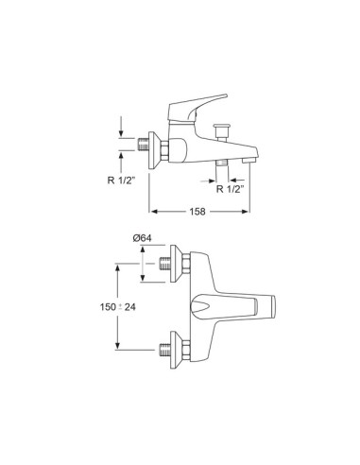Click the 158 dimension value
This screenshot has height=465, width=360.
[x=197, y=212]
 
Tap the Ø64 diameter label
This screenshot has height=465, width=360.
[x=142, y=238]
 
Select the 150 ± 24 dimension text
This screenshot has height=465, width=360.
[x=118, y=306]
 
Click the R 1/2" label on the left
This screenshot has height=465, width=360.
[x=121, y=181]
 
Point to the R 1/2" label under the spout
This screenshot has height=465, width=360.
[x=231, y=189]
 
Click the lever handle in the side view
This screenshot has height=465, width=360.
[x=196, y=107]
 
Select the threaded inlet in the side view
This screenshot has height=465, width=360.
[x=144, y=145]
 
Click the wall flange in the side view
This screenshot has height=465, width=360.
[x=154, y=150]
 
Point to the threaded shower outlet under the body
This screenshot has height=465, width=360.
[x=222, y=163]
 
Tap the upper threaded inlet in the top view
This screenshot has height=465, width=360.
[x=165, y=264]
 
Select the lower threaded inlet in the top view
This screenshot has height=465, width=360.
[x=165, y=350]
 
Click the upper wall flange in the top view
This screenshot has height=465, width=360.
[x=176, y=264]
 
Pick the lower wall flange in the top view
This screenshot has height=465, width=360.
[x=176, y=350]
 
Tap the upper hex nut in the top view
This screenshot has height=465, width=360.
[x=186, y=264]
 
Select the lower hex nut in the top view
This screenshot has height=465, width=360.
[x=186, y=350]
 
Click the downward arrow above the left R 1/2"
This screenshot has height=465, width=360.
[x=121, y=126]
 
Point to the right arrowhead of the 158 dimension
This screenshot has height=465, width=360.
[x=246, y=212]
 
